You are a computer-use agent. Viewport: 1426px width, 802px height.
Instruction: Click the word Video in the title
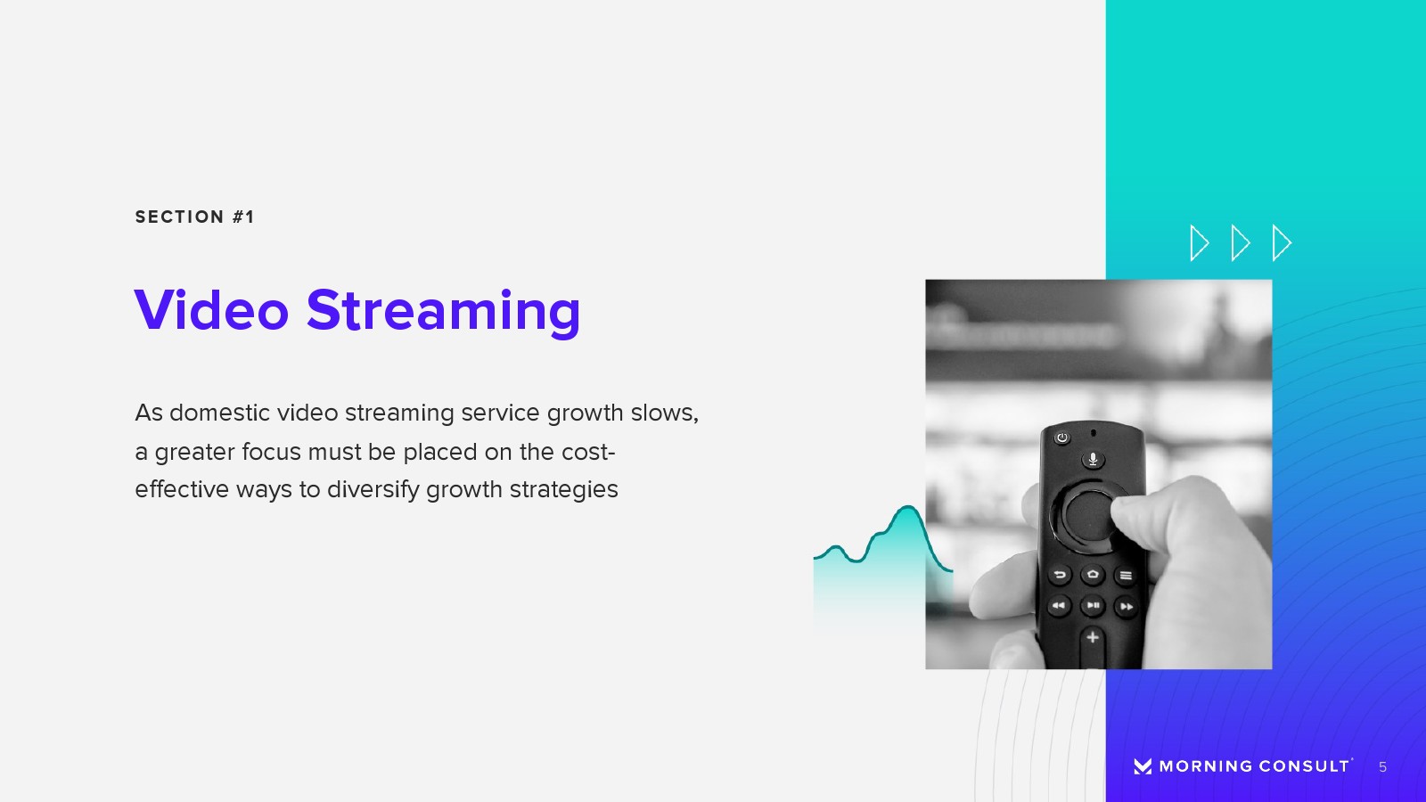coord(211,311)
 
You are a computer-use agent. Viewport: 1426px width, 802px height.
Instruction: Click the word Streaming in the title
coord(444,312)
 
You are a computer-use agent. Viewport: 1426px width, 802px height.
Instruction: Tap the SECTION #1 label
coord(194,217)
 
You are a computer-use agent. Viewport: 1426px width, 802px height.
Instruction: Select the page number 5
coord(1382,767)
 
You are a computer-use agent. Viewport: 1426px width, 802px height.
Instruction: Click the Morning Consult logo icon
coord(1143,766)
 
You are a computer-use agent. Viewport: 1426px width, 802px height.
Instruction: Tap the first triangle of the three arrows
coord(1200,242)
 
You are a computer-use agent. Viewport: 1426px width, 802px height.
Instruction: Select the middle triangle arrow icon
coord(1240,242)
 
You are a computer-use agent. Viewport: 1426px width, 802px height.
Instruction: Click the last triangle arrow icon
coord(1282,242)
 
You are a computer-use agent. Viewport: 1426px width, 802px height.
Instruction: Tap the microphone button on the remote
coord(1093,459)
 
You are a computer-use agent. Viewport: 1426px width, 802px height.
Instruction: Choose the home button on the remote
coord(1093,575)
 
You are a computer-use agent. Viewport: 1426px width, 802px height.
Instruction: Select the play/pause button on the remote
coord(1093,605)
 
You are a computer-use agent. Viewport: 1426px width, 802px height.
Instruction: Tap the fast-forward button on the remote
coord(1126,607)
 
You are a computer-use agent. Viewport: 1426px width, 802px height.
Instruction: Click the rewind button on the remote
coord(1059,606)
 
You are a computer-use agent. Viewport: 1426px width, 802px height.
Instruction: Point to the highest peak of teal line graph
coord(906,507)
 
